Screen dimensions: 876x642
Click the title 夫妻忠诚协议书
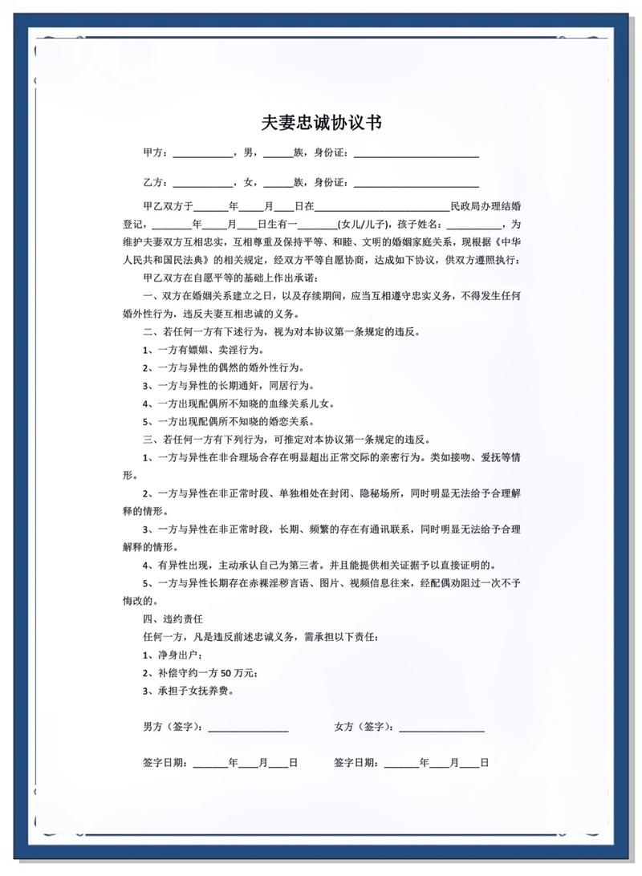[x=321, y=123]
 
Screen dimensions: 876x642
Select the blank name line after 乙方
[x=201, y=182]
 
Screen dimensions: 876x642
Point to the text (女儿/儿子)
[x=362, y=224]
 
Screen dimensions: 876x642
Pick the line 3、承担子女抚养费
[x=189, y=691]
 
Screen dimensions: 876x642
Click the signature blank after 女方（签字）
[x=441, y=728]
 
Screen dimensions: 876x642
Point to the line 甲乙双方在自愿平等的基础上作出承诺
[x=231, y=278]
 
